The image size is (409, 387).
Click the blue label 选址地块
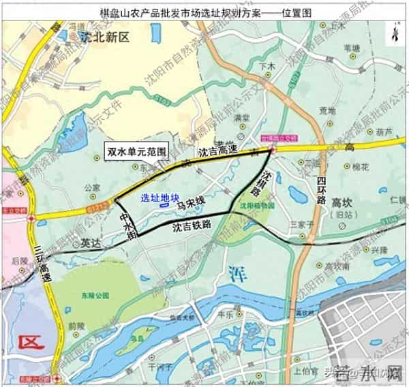point(154,194)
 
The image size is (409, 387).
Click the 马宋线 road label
point(191,202)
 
